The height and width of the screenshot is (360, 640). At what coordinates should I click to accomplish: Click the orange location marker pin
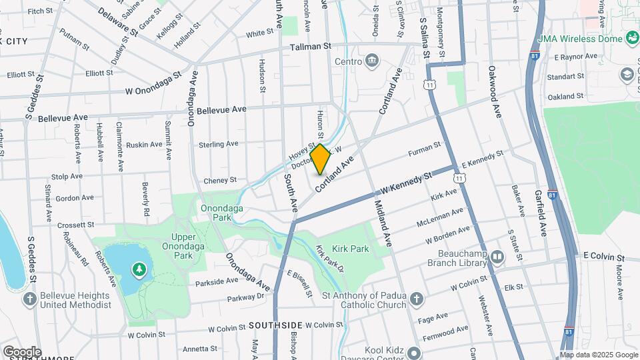tap(320, 159)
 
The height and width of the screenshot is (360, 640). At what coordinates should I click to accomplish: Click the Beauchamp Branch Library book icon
tap(497, 257)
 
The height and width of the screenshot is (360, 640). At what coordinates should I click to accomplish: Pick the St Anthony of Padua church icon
tap(417, 298)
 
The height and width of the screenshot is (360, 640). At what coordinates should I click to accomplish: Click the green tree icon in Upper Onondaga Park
tap(139, 269)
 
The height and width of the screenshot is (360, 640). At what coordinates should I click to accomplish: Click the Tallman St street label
tap(311, 47)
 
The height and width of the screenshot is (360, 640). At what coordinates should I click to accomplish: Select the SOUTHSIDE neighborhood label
tap(276, 325)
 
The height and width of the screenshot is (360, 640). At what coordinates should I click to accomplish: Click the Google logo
tap(22, 351)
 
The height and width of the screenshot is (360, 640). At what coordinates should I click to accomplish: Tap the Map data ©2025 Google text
tap(598, 355)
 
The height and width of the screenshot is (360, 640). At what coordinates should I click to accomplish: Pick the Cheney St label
tap(220, 180)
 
